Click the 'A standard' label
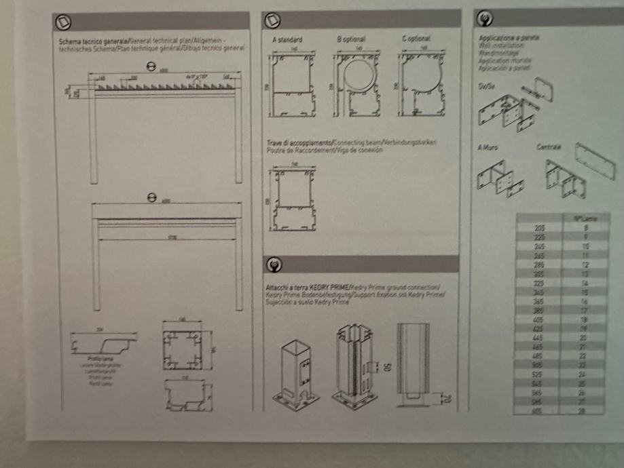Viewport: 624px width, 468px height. [287, 40]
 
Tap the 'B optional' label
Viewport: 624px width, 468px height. [350, 39]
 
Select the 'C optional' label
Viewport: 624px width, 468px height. [416, 39]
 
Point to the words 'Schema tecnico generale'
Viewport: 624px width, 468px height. [84, 42]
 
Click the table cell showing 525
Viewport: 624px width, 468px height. [538, 373]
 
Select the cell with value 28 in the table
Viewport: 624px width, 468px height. [582, 410]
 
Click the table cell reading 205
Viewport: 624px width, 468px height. [539, 229]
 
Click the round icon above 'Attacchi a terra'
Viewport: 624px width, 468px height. [274, 265]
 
